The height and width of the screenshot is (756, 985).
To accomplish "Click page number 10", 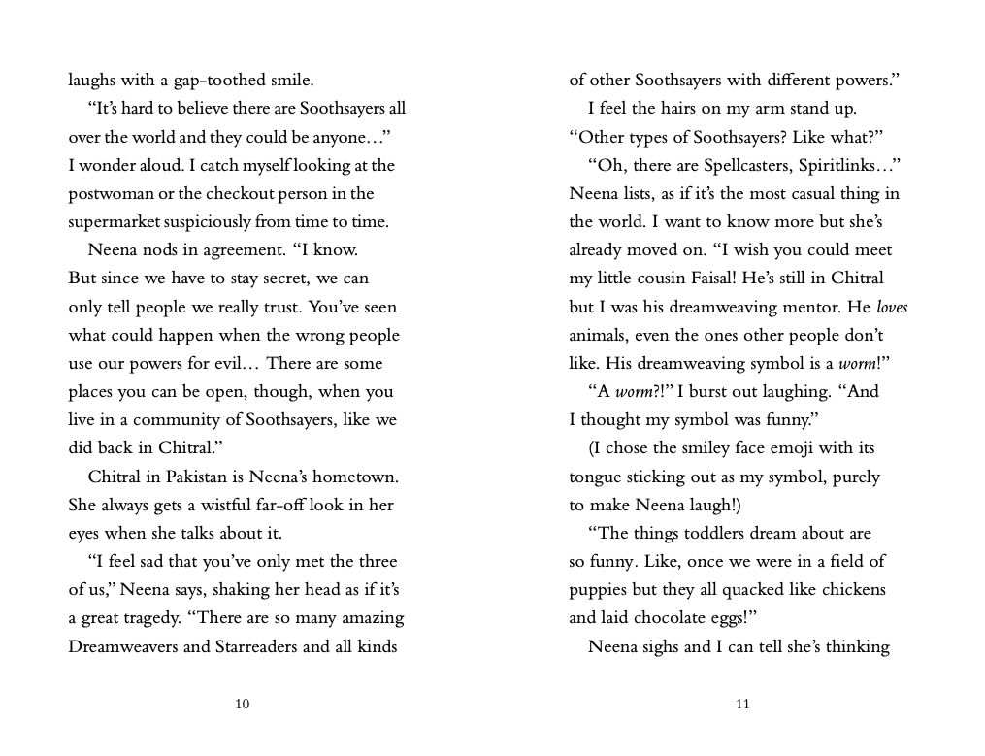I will (x=243, y=705).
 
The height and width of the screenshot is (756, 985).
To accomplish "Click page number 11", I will (x=742, y=705).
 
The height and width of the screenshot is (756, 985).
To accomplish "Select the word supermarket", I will (x=116, y=222).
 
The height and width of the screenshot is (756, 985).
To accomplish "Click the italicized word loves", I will (x=892, y=308).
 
